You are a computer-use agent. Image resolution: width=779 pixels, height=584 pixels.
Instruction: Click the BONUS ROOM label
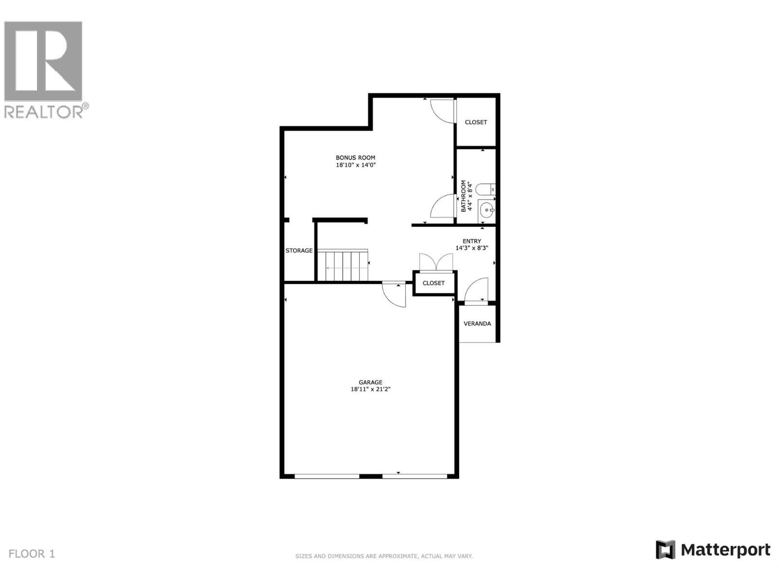tap(355, 158)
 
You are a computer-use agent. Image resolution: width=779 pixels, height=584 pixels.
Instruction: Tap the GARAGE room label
tap(371, 383)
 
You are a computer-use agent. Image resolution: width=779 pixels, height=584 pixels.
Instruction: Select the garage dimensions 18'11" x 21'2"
tap(371, 389)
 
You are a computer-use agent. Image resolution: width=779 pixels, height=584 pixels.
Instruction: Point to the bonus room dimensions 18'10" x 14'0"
tap(355, 165)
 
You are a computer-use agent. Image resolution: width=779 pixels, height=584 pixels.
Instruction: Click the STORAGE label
tap(299, 251)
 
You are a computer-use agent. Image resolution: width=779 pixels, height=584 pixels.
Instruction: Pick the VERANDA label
tap(477, 324)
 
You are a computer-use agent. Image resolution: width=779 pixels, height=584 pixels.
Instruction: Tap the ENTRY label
tap(472, 241)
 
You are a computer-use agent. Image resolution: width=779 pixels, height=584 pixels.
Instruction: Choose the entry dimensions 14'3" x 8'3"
tap(472, 248)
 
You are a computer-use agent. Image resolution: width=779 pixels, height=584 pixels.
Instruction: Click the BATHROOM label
tap(464, 196)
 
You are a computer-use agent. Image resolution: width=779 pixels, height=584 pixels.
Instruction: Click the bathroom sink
tap(486, 210)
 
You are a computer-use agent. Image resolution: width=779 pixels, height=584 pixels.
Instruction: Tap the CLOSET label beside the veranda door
tap(433, 283)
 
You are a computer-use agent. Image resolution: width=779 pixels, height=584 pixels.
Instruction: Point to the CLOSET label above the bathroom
tap(476, 122)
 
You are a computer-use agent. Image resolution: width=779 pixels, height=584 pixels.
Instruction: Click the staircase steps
tap(343, 266)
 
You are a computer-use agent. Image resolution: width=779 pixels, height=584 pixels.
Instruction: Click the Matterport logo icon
tap(665, 550)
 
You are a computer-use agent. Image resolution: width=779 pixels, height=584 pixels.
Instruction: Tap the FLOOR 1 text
tap(32, 554)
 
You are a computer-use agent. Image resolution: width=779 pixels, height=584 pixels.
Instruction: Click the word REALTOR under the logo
tap(44, 112)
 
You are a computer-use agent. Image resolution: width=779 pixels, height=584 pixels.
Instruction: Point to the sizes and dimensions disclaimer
tap(384, 556)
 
